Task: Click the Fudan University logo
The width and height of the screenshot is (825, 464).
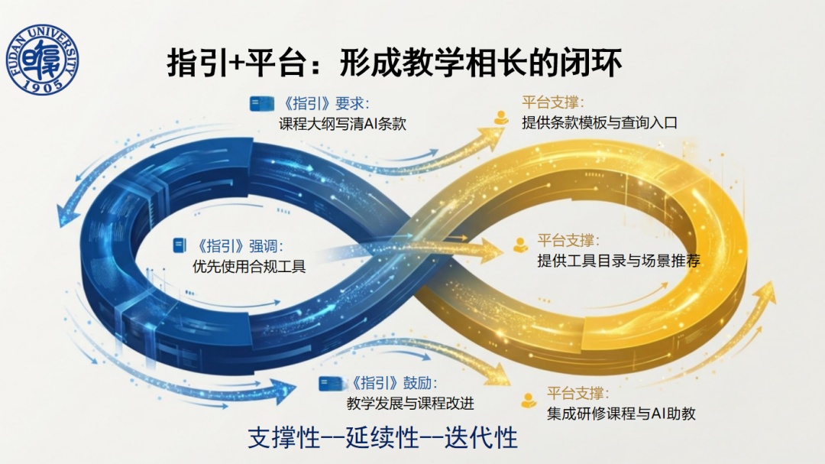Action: [x=43, y=59]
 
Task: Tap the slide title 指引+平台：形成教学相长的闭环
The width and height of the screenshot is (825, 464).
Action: [x=395, y=63]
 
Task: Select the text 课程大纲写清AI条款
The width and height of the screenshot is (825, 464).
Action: [x=342, y=124]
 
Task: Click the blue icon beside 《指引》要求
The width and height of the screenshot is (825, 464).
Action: [x=261, y=104]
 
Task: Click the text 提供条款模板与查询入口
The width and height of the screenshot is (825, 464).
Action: [x=600, y=123]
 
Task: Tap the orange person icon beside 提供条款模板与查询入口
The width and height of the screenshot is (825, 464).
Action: [x=501, y=118]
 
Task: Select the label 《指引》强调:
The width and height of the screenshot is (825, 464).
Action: [x=240, y=246]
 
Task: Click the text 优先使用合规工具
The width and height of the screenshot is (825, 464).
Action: [x=249, y=267]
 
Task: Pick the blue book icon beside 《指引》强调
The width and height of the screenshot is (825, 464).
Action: [x=180, y=245]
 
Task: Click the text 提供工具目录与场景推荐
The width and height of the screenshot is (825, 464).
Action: [x=619, y=261]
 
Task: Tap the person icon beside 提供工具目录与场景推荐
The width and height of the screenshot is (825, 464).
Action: [x=520, y=245]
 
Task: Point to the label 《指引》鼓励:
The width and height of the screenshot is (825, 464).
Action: [x=393, y=383]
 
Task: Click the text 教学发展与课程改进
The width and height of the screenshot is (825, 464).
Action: [x=410, y=404]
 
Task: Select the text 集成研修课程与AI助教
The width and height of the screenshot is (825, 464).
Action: [x=621, y=414]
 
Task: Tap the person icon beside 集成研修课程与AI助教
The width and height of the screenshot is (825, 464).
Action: [x=529, y=401]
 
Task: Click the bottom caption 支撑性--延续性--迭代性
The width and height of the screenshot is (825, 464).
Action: [x=383, y=438]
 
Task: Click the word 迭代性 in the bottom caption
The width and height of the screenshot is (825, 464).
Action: [x=481, y=438]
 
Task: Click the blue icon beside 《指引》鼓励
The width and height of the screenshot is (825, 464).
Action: [x=331, y=384]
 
